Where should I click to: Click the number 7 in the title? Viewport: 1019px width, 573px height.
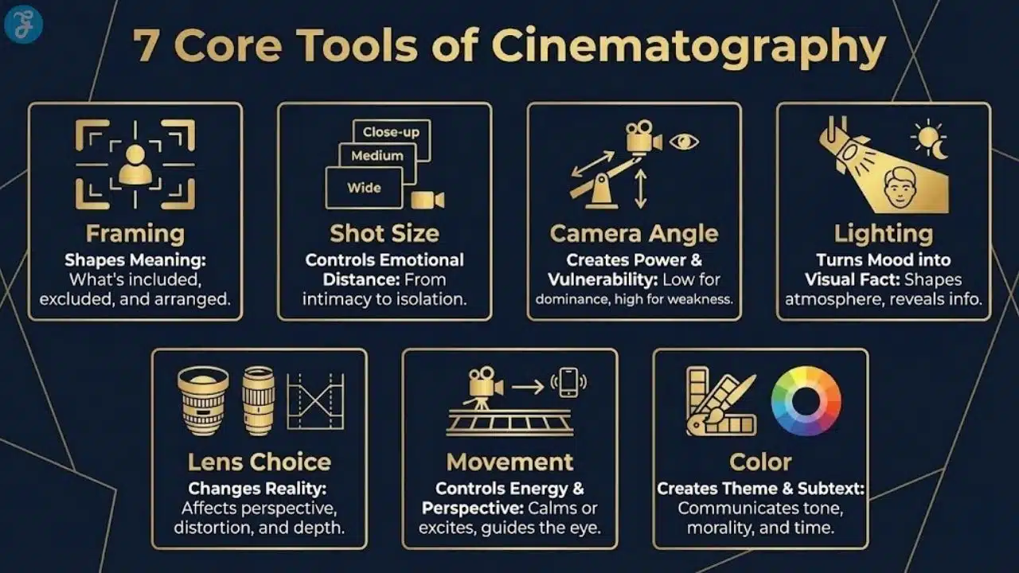(145, 47)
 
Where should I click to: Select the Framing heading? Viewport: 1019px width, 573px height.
(135, 234)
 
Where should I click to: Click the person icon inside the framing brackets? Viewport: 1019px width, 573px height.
(135, 164)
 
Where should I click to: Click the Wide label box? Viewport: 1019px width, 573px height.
(364, 189)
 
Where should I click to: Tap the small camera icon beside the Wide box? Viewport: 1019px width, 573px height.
(428, 199)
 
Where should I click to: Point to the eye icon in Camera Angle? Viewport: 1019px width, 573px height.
(683, 142)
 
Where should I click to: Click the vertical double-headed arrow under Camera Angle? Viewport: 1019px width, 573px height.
(640, 189)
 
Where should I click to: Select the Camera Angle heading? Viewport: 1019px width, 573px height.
(634, 234)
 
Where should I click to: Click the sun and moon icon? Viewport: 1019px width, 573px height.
(931, 140)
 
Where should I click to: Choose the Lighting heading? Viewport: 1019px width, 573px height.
(884, 234)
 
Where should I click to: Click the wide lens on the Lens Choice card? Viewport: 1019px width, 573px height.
(203, 400)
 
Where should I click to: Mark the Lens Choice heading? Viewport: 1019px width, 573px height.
(260, 462)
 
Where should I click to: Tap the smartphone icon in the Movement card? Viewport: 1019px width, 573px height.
(568, 383)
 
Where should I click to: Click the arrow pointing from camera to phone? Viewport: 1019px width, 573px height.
(527, 388)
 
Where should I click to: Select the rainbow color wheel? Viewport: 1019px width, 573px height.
(806, 401)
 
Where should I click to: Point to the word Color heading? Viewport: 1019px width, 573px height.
(760, 462)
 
